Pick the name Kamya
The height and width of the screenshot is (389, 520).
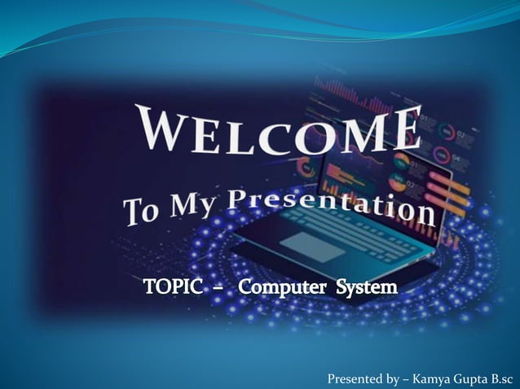click(x=434, y=378)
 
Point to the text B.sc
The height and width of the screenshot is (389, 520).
click(x=505, y=378)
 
